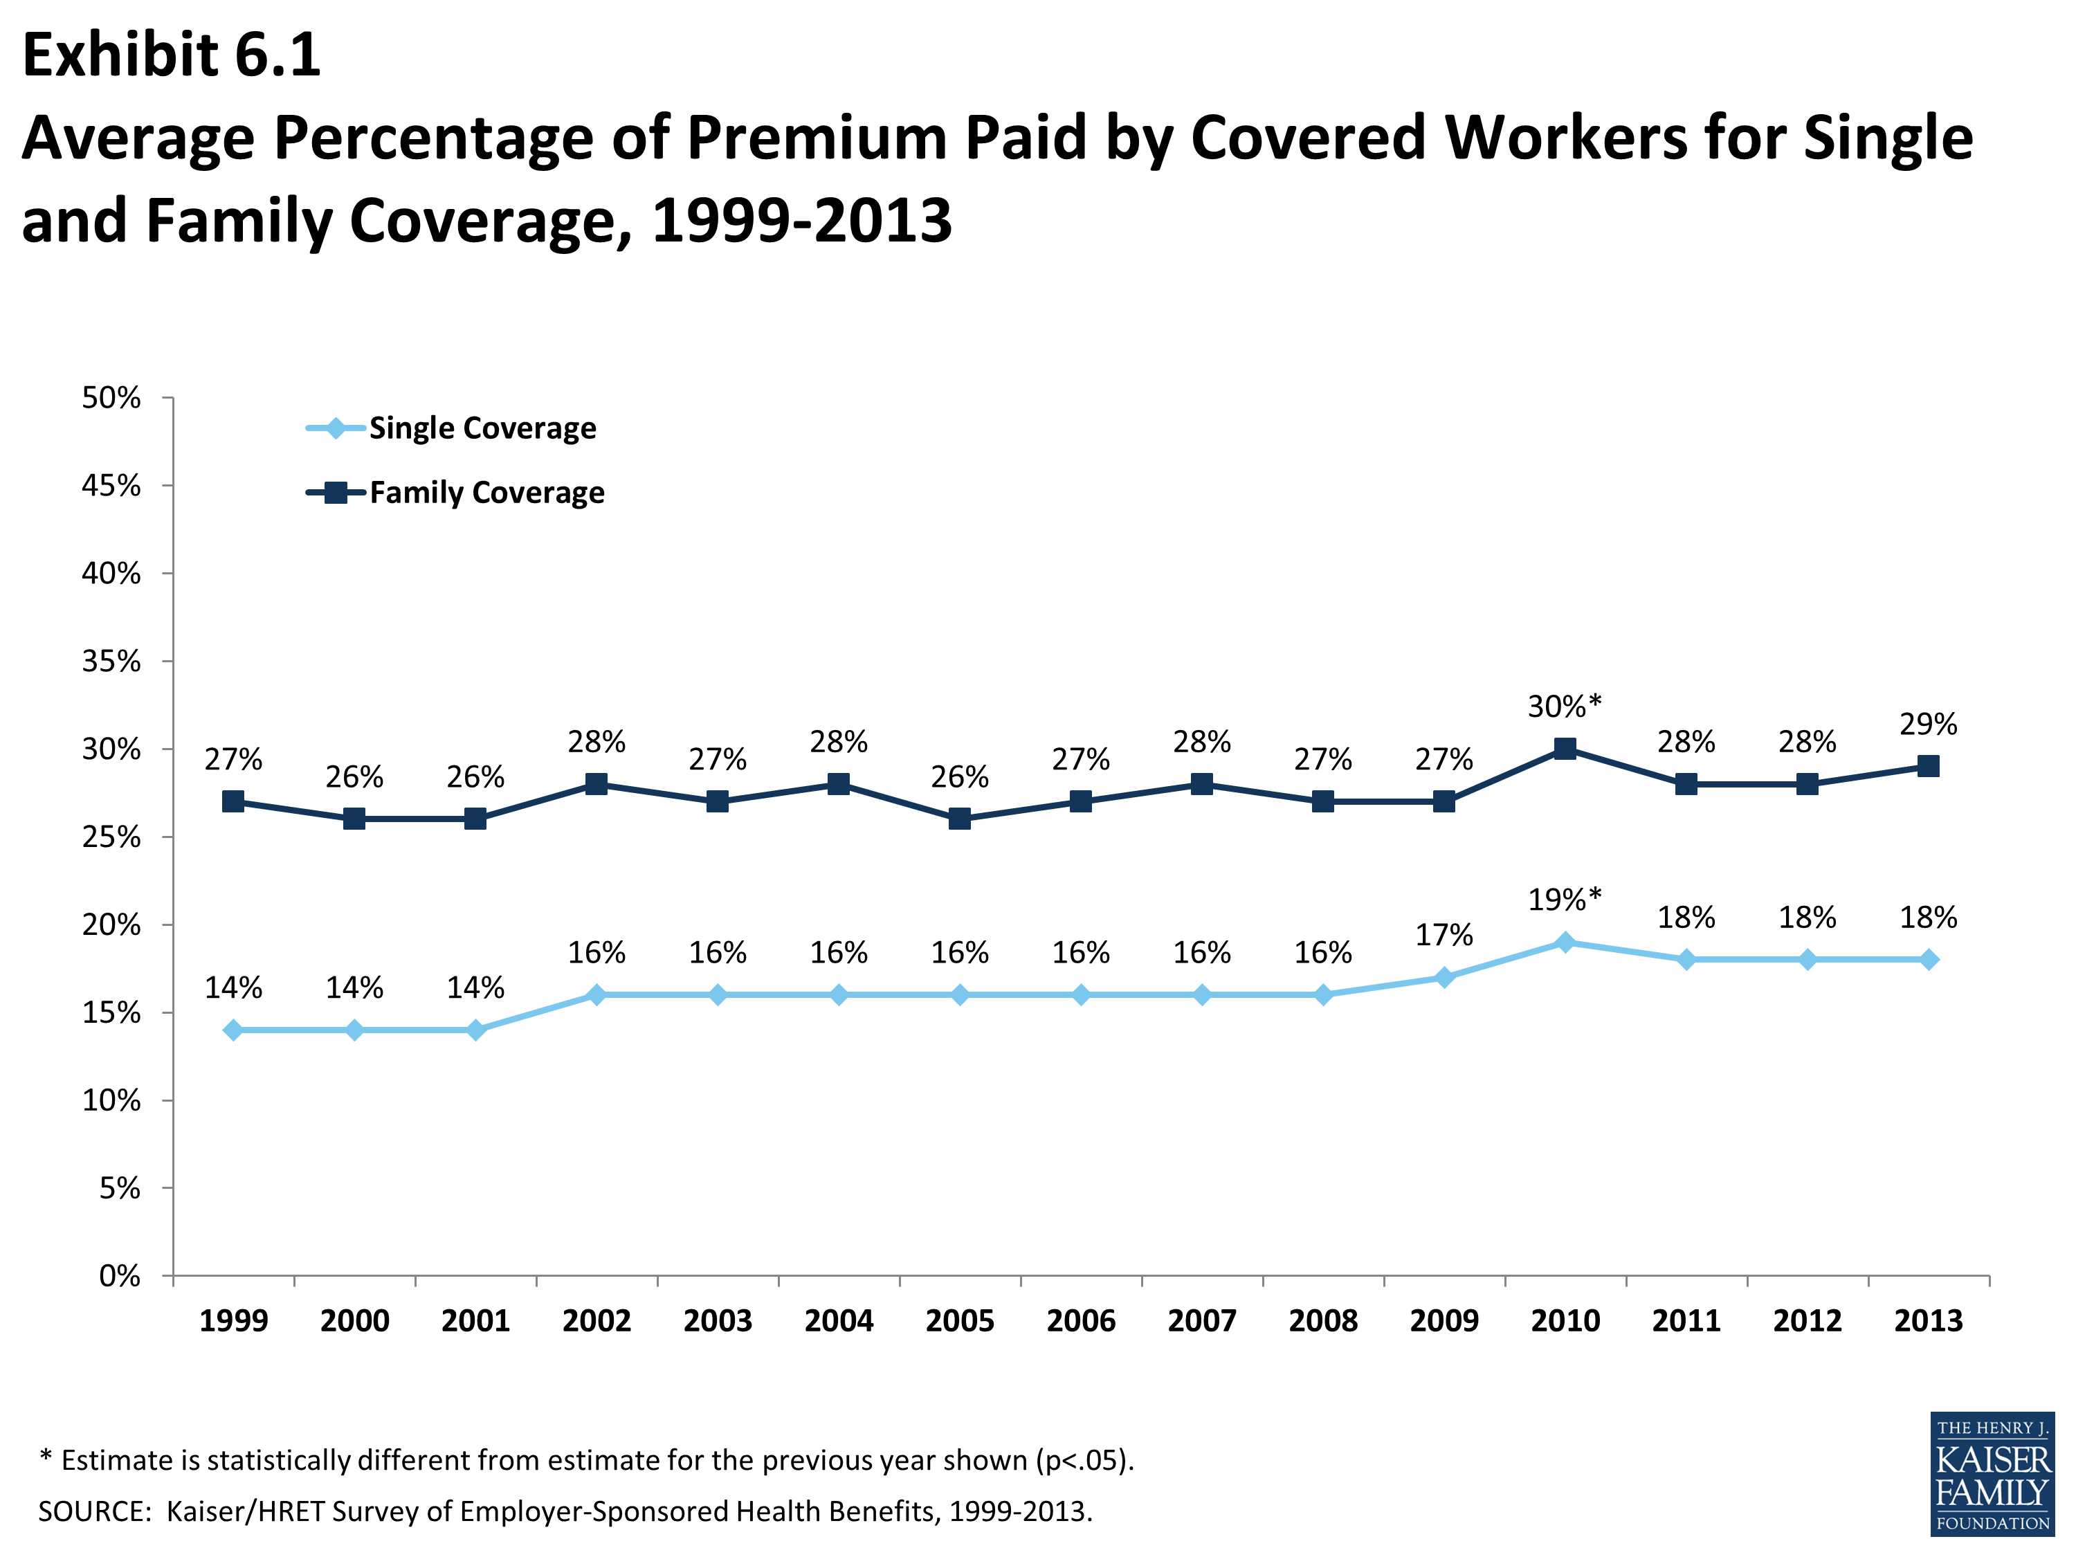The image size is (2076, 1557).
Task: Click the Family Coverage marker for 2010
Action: coord(1565,749)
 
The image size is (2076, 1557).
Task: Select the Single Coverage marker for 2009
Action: coord(1444,977)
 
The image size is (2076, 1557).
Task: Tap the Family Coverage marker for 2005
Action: coord(959,819)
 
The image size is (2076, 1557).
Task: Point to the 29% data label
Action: coord(1928,724)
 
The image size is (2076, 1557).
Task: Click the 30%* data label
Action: coord(1565,706)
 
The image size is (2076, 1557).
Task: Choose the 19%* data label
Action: coord(1565,899)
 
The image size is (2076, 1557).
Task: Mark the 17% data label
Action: coord(1444,935)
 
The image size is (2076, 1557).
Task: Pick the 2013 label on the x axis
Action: coord(1928,1320)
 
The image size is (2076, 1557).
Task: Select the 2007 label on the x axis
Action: coord(1201,1320)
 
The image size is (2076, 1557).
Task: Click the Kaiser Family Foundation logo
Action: coord(1992,1473)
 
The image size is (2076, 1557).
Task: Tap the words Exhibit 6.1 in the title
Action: coord(172,55)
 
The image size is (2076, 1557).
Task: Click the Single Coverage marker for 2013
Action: coord(1928,959)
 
